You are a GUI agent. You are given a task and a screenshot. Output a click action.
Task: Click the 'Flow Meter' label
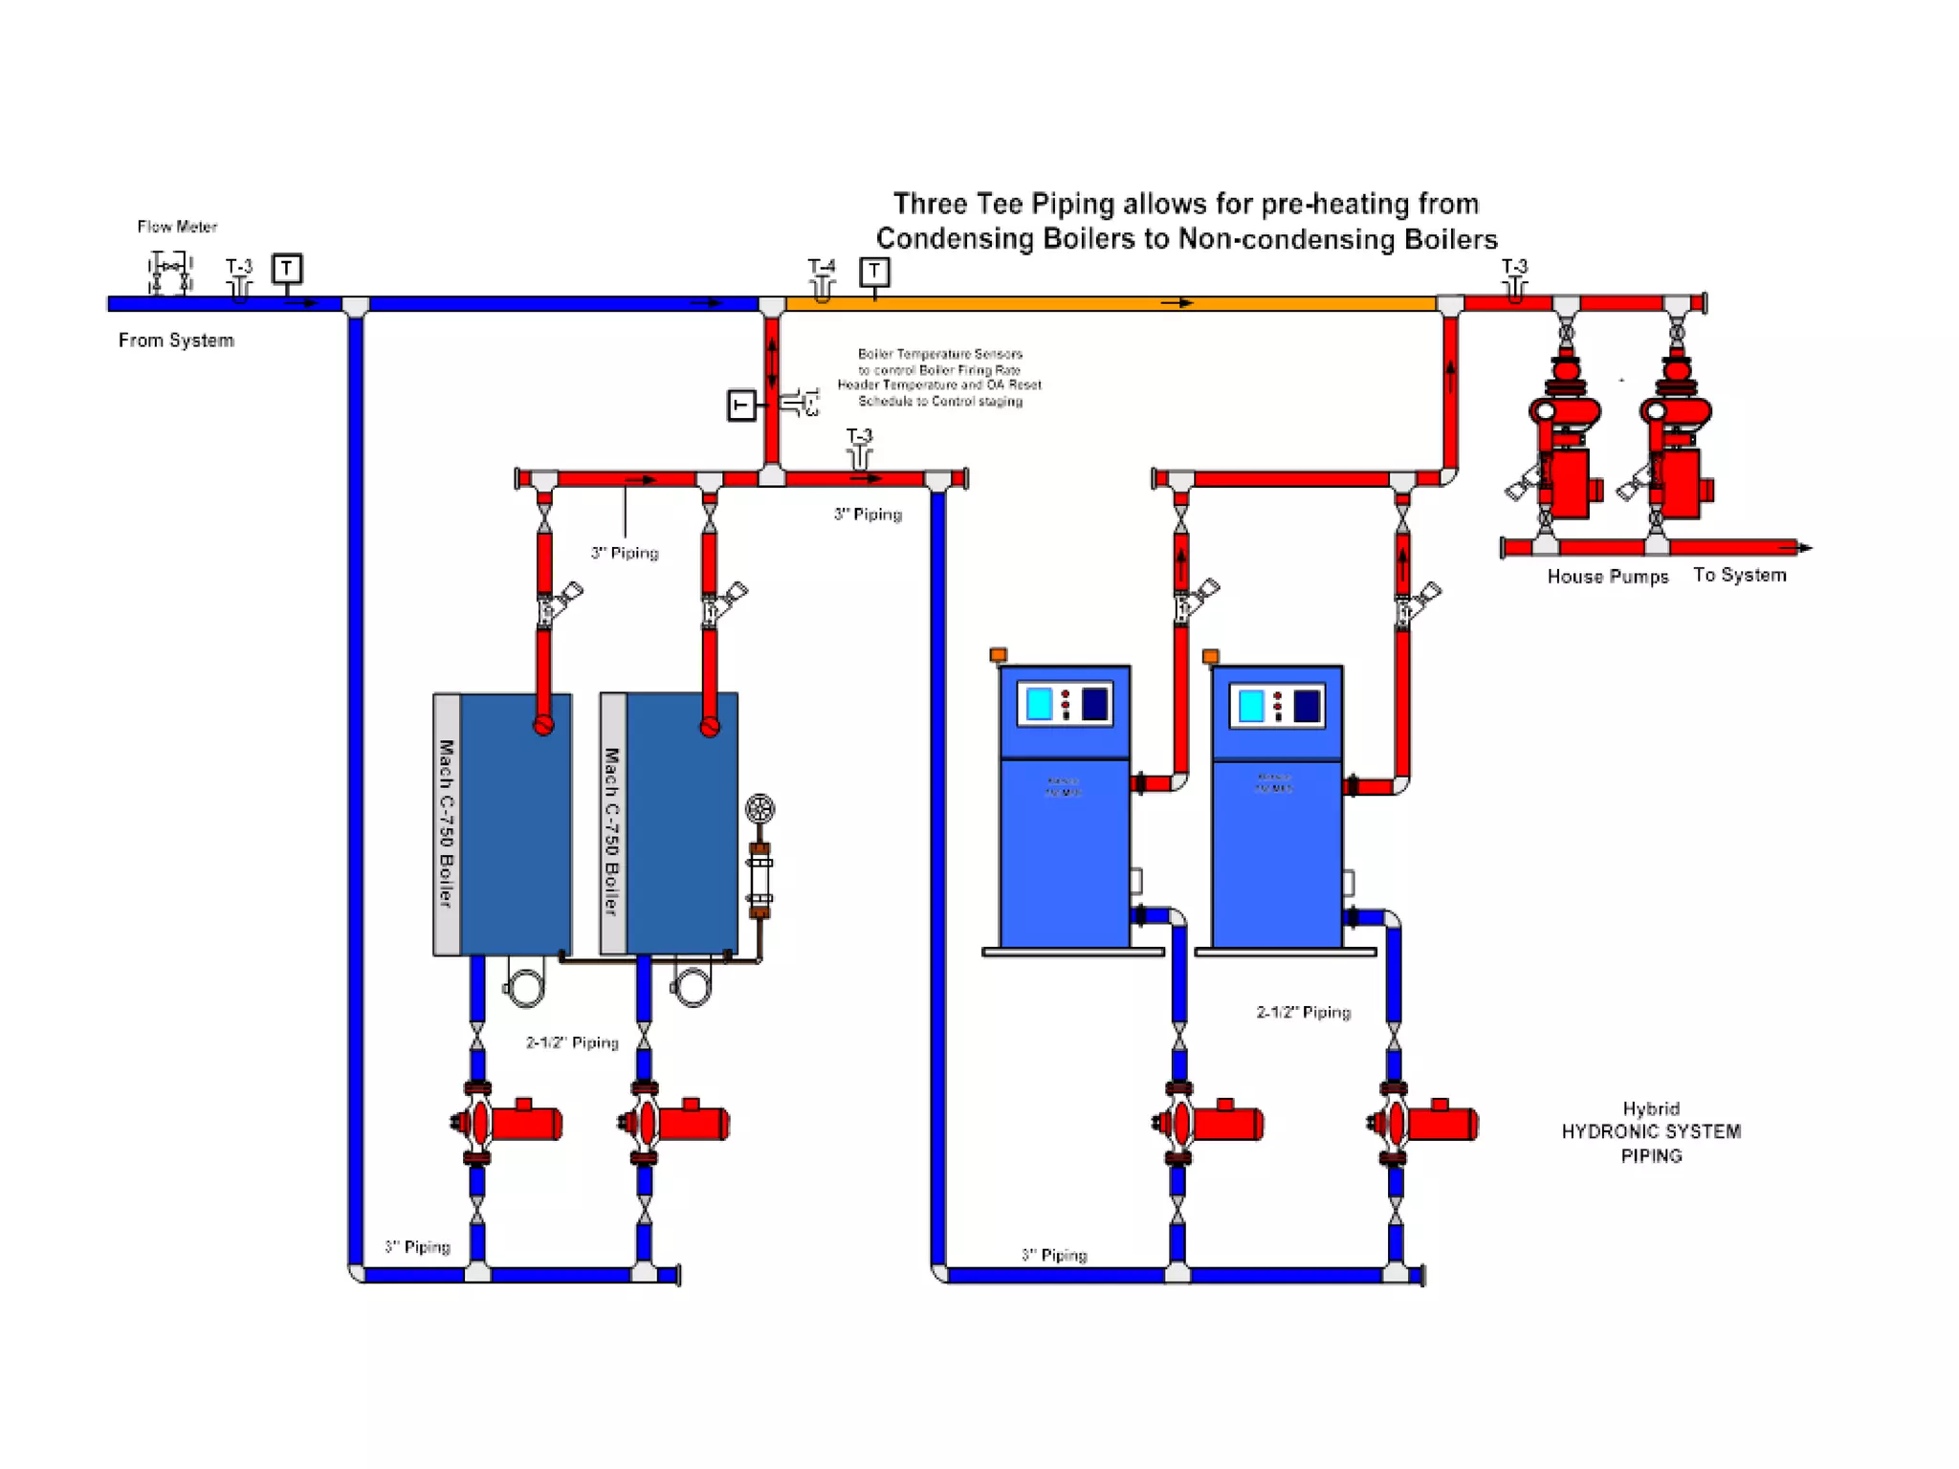coord(177,227)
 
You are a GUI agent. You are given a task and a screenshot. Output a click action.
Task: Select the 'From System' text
coord(176,340)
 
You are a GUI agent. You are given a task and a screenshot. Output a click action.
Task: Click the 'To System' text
coord(1739,575)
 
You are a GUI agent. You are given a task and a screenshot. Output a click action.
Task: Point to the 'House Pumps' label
coord(1607,577)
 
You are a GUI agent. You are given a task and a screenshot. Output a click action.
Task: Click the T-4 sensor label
coord(821,266)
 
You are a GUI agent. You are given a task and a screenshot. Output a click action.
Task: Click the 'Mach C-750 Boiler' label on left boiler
coord(446,822)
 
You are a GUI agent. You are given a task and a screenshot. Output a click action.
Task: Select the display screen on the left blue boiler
coord(1039,704)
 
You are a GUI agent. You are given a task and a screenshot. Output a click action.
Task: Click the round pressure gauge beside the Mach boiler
coord(759,809)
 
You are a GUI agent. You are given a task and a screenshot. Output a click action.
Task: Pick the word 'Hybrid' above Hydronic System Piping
coord(1651,1108)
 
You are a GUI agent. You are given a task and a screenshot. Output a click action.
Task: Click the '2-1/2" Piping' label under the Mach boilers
coord(572,1042)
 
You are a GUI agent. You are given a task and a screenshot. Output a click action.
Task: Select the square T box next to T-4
coord(873,273)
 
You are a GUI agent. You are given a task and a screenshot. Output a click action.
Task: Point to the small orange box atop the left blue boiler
coord(998,655)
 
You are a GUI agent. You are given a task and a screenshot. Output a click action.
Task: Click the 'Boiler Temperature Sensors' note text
coord(939,354)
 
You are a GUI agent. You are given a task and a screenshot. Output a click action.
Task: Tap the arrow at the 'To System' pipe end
coord(1802,548)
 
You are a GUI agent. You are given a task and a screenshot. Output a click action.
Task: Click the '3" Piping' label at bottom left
coord(417,1247)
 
